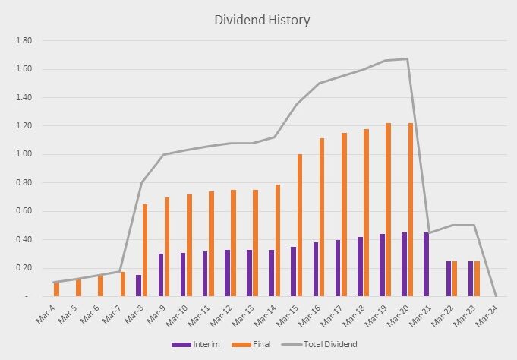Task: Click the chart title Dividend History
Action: tap(259, 20)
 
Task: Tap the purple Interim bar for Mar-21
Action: tap(427, 264)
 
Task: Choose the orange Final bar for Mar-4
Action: tap(56, 289)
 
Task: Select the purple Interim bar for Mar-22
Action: tap(449, 279)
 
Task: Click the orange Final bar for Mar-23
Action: tap(478, 279)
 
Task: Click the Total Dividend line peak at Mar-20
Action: tap(408, 59)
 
